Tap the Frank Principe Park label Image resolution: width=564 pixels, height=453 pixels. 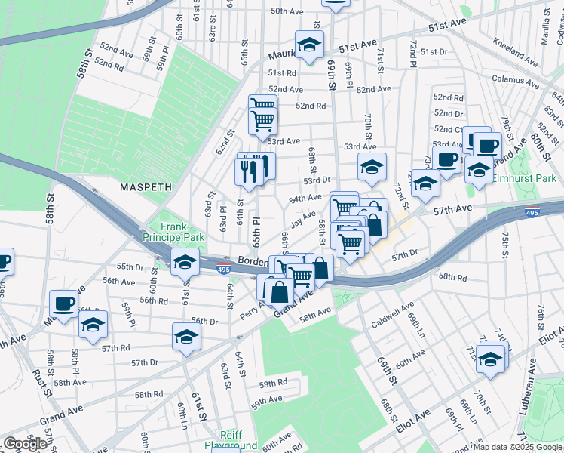click(x=173, y=231)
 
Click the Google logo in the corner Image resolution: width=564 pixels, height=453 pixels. click(x=25, y=444)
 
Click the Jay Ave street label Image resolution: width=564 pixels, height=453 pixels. click(x=303, y=220)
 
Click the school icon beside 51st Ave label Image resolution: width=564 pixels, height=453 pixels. click(x=309, y=45)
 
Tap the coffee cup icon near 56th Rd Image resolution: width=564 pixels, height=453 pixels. click(x=63, y=304)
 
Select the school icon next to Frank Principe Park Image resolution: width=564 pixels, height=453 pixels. click(x=184, y=262)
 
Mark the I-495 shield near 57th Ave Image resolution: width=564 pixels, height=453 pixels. click(x=532, y=214)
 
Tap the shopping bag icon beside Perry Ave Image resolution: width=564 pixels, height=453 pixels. click(x=278, y=291)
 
